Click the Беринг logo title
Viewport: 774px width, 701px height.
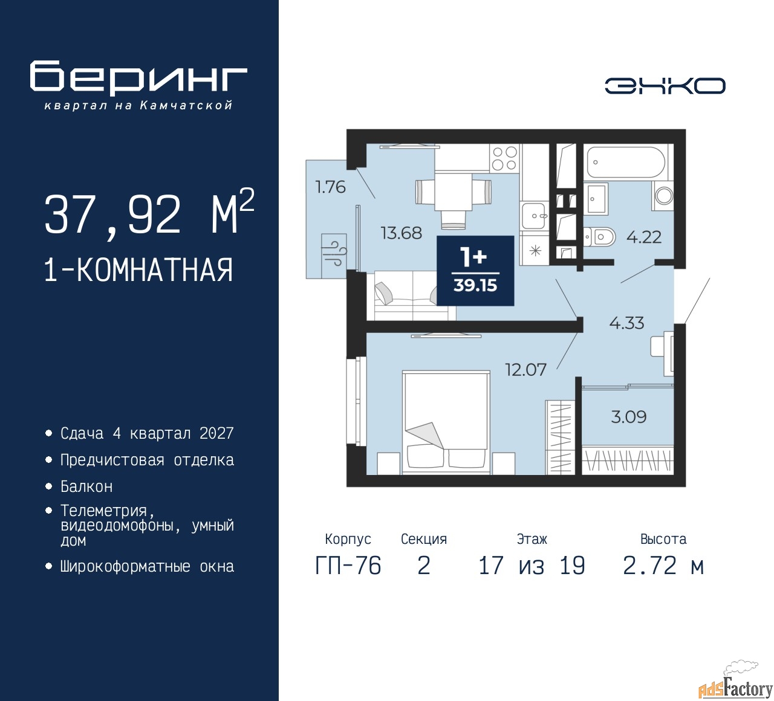pyautogui.click(x=138, y=78)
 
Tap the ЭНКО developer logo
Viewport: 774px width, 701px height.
pyautogui.click(x=665, y=86)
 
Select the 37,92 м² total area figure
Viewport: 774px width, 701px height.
pyautogui.click(x=149, y=213)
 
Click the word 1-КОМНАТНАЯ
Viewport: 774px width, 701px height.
pyautogui.click(x=138, y=270)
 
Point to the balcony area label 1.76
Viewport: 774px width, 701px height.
pyautogui.click(x=330, y=187)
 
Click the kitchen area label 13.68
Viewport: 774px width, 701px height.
pyautogui.click(x=402, y=233)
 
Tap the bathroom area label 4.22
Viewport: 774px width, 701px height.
pyautogui.click(x=644, y=237)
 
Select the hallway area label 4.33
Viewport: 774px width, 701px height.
pyautogui.click(x=626, y=323)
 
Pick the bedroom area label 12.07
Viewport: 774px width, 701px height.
pyautogui.click(x=526, y=370)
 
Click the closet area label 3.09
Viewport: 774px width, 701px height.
pyautogui.click(x=628, y=417)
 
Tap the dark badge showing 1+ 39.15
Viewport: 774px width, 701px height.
pyautogui.click(x=475, y=271)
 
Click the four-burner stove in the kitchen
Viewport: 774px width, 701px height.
pyautogui.click(x=505, y=158)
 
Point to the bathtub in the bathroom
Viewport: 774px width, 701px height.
pyautogui.click(x=625, y=163)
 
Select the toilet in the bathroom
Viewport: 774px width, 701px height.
pyautogui.click(x=599, y=237)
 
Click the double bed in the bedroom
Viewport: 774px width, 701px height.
pyautogui.click(x=446, y=422)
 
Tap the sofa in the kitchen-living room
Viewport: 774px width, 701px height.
pyautogui.click(x=415, y=296)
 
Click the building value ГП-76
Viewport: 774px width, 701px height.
pyautogui.click(x=348, y=566)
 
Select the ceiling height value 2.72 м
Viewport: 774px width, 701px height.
pyautogui.click(x=663, y=566)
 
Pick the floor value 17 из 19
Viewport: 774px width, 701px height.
pyautogui.click(x=532, y=566)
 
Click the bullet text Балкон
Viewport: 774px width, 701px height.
pyautogui.click(x=86, y=486)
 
